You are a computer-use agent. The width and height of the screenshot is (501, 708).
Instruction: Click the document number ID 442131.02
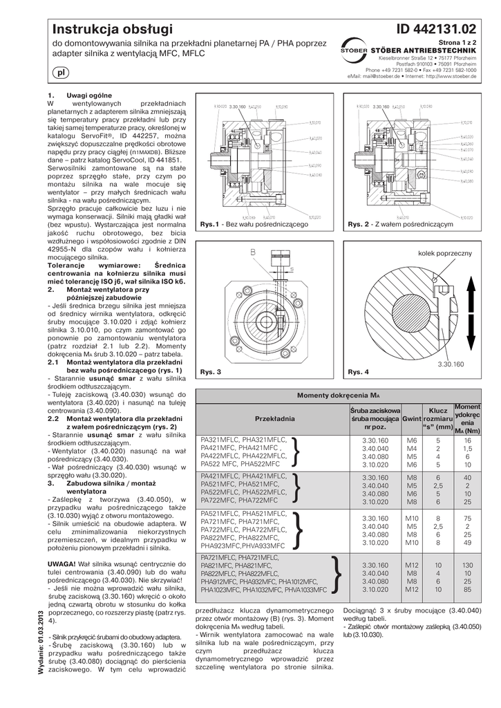pos(437,28)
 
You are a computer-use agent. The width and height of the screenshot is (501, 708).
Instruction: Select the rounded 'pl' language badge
pos(59,73)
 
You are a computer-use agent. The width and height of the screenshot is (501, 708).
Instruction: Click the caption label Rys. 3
pos(210,372)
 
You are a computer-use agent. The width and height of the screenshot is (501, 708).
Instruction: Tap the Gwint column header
pos(412,419)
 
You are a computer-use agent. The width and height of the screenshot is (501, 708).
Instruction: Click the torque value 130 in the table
pos(467,565)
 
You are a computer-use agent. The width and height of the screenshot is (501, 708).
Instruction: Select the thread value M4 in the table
pos(412,448)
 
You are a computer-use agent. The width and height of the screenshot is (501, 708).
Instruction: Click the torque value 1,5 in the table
pos(467,448)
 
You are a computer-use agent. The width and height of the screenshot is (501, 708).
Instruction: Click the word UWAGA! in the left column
pos(61,563)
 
